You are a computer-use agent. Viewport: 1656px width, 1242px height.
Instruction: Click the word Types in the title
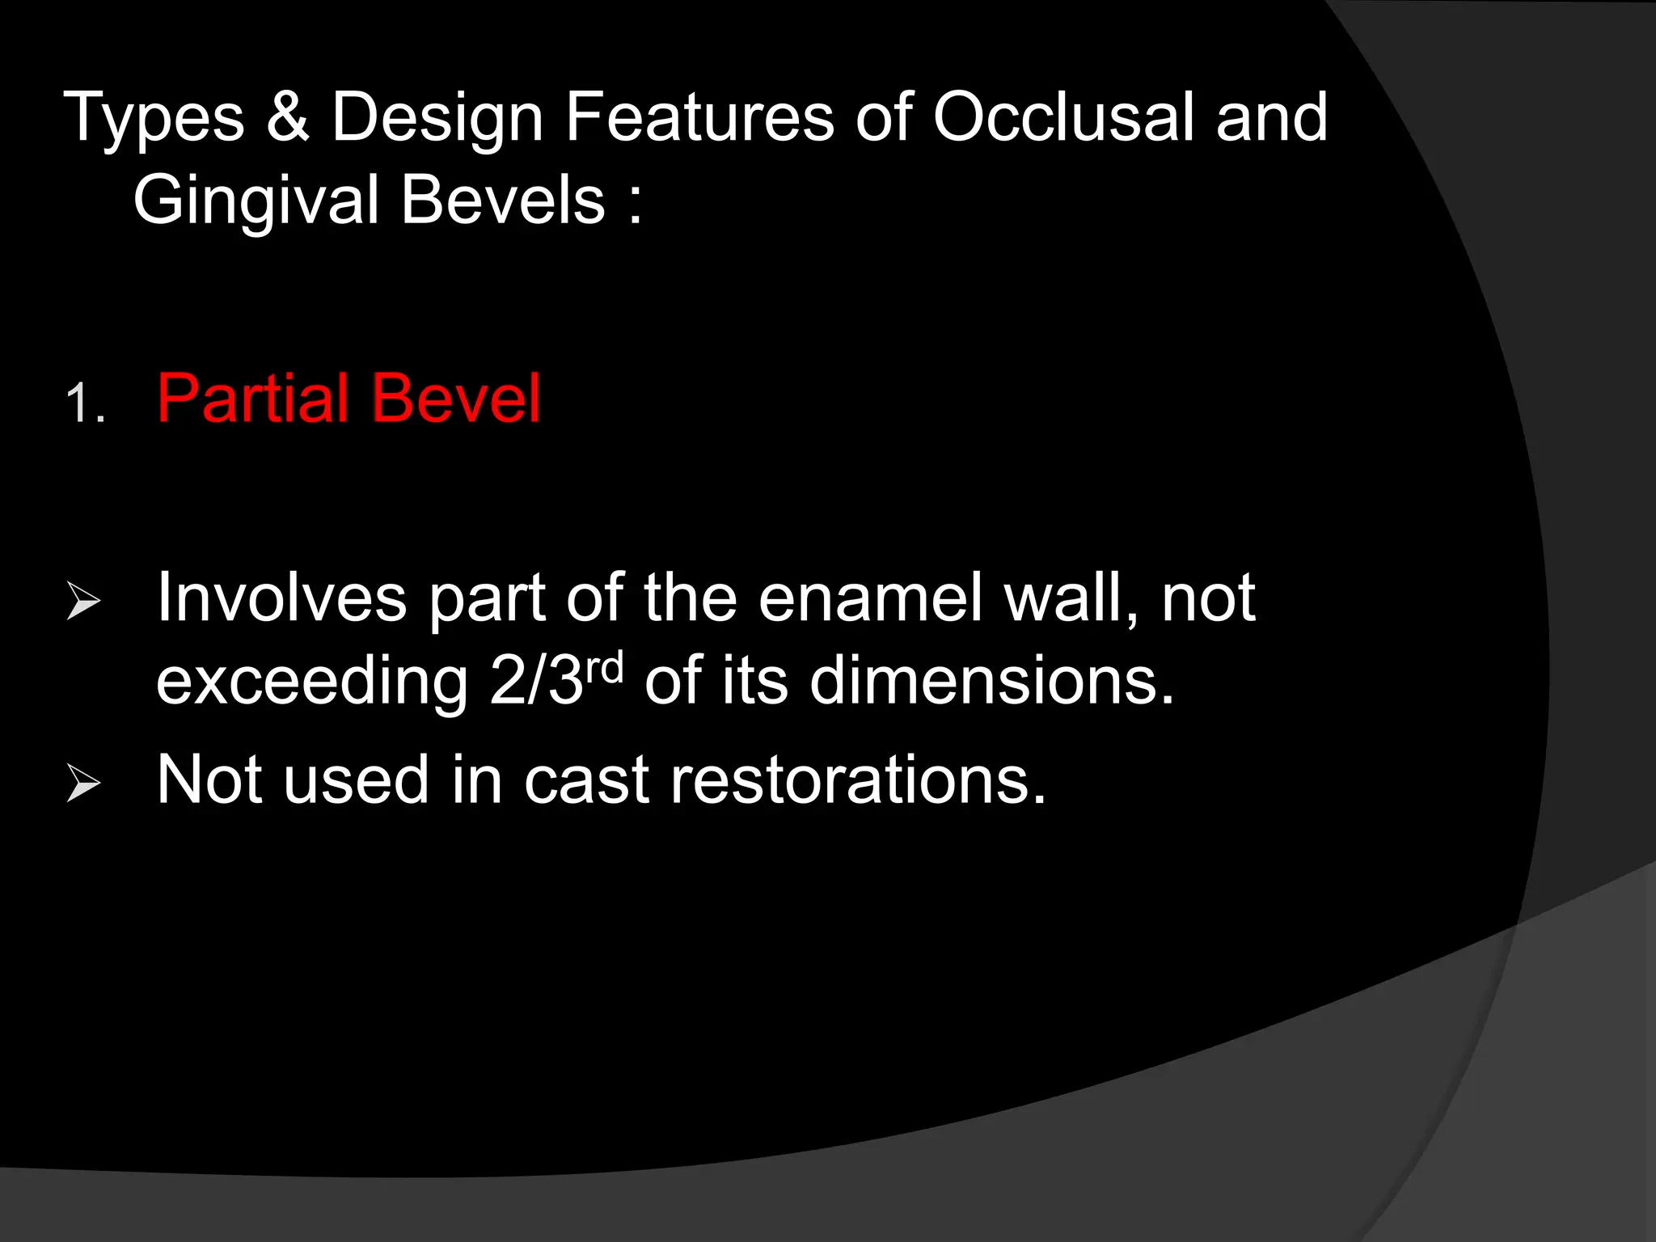coord(154,119)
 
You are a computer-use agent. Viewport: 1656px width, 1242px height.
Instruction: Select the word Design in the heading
coord(437,119)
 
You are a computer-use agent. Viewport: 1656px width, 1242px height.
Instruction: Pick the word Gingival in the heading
coord(256,202)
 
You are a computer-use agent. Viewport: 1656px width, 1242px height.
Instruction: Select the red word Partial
coord(253,398)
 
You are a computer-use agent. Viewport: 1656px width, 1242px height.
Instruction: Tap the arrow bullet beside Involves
coord(83,601)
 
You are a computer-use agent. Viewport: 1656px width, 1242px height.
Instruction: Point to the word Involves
coord(281,598)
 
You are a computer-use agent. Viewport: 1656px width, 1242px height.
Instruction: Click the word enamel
coord(870,598)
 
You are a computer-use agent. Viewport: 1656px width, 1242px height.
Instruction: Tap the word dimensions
coord(991,681)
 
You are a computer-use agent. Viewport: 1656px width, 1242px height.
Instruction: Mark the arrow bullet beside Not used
coord(83,783)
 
